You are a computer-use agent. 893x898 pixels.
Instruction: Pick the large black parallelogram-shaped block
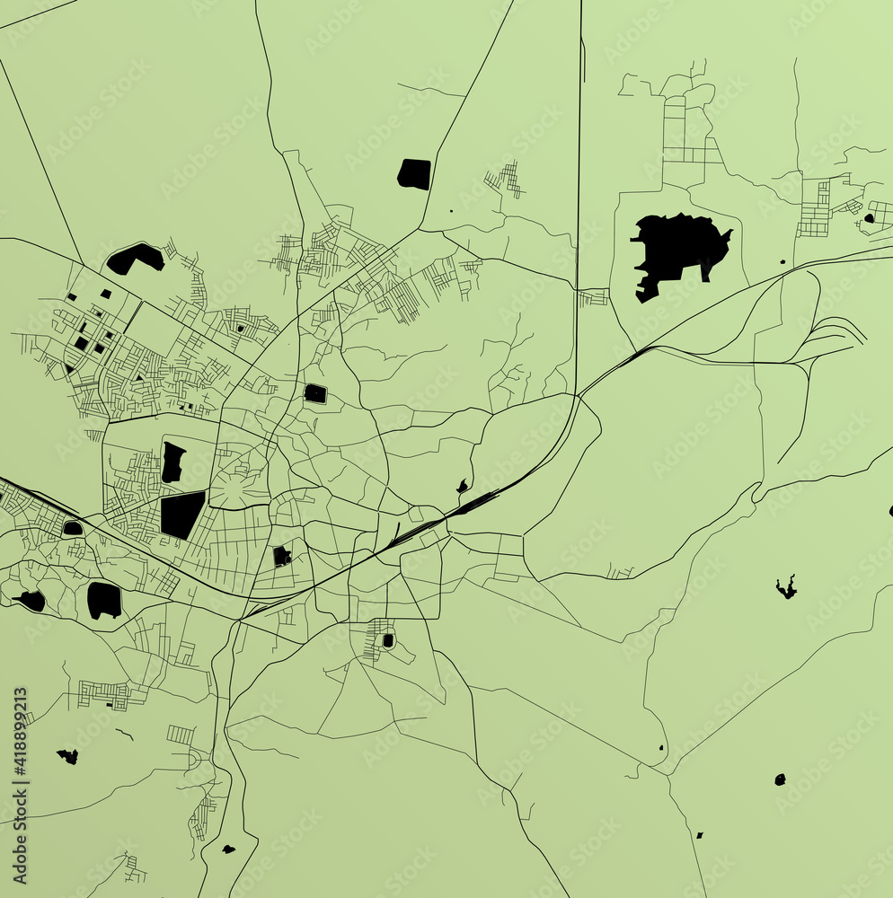(182, 515)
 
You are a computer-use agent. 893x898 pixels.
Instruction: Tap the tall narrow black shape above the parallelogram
(172, 462)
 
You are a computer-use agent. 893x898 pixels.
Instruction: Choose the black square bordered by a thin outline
(315, 393)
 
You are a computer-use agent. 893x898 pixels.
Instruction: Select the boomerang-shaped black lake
(135, 259)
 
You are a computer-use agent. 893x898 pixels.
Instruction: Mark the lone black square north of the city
(414, 173)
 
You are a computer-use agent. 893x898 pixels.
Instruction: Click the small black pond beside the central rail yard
(463, 487)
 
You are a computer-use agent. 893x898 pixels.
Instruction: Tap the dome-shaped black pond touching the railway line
(73, 528)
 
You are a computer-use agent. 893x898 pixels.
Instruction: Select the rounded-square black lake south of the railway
(104, 600)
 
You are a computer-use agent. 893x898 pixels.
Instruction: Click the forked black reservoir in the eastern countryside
(786, 588)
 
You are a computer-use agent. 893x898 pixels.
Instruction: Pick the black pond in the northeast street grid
(868, 217)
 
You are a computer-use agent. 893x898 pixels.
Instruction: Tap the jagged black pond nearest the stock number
(67, 756)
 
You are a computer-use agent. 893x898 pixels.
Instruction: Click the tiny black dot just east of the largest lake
(782, 262)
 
